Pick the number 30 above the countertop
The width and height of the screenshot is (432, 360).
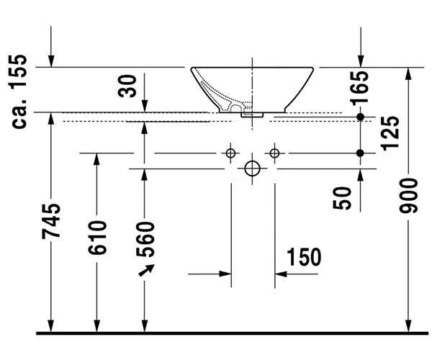(128, 86)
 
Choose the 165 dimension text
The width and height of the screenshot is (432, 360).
(361, 85)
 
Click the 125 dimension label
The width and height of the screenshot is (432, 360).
(390, 132)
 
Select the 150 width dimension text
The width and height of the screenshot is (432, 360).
(303, 257)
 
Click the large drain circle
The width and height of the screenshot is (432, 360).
(252, 168)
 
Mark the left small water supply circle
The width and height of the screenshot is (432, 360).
(230, 153)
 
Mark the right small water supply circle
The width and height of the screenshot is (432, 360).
(274, 153)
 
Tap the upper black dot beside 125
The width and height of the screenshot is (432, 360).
(361, 117)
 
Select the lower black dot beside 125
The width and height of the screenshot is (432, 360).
(361, 153)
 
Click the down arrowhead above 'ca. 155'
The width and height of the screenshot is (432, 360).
(51, 60)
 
